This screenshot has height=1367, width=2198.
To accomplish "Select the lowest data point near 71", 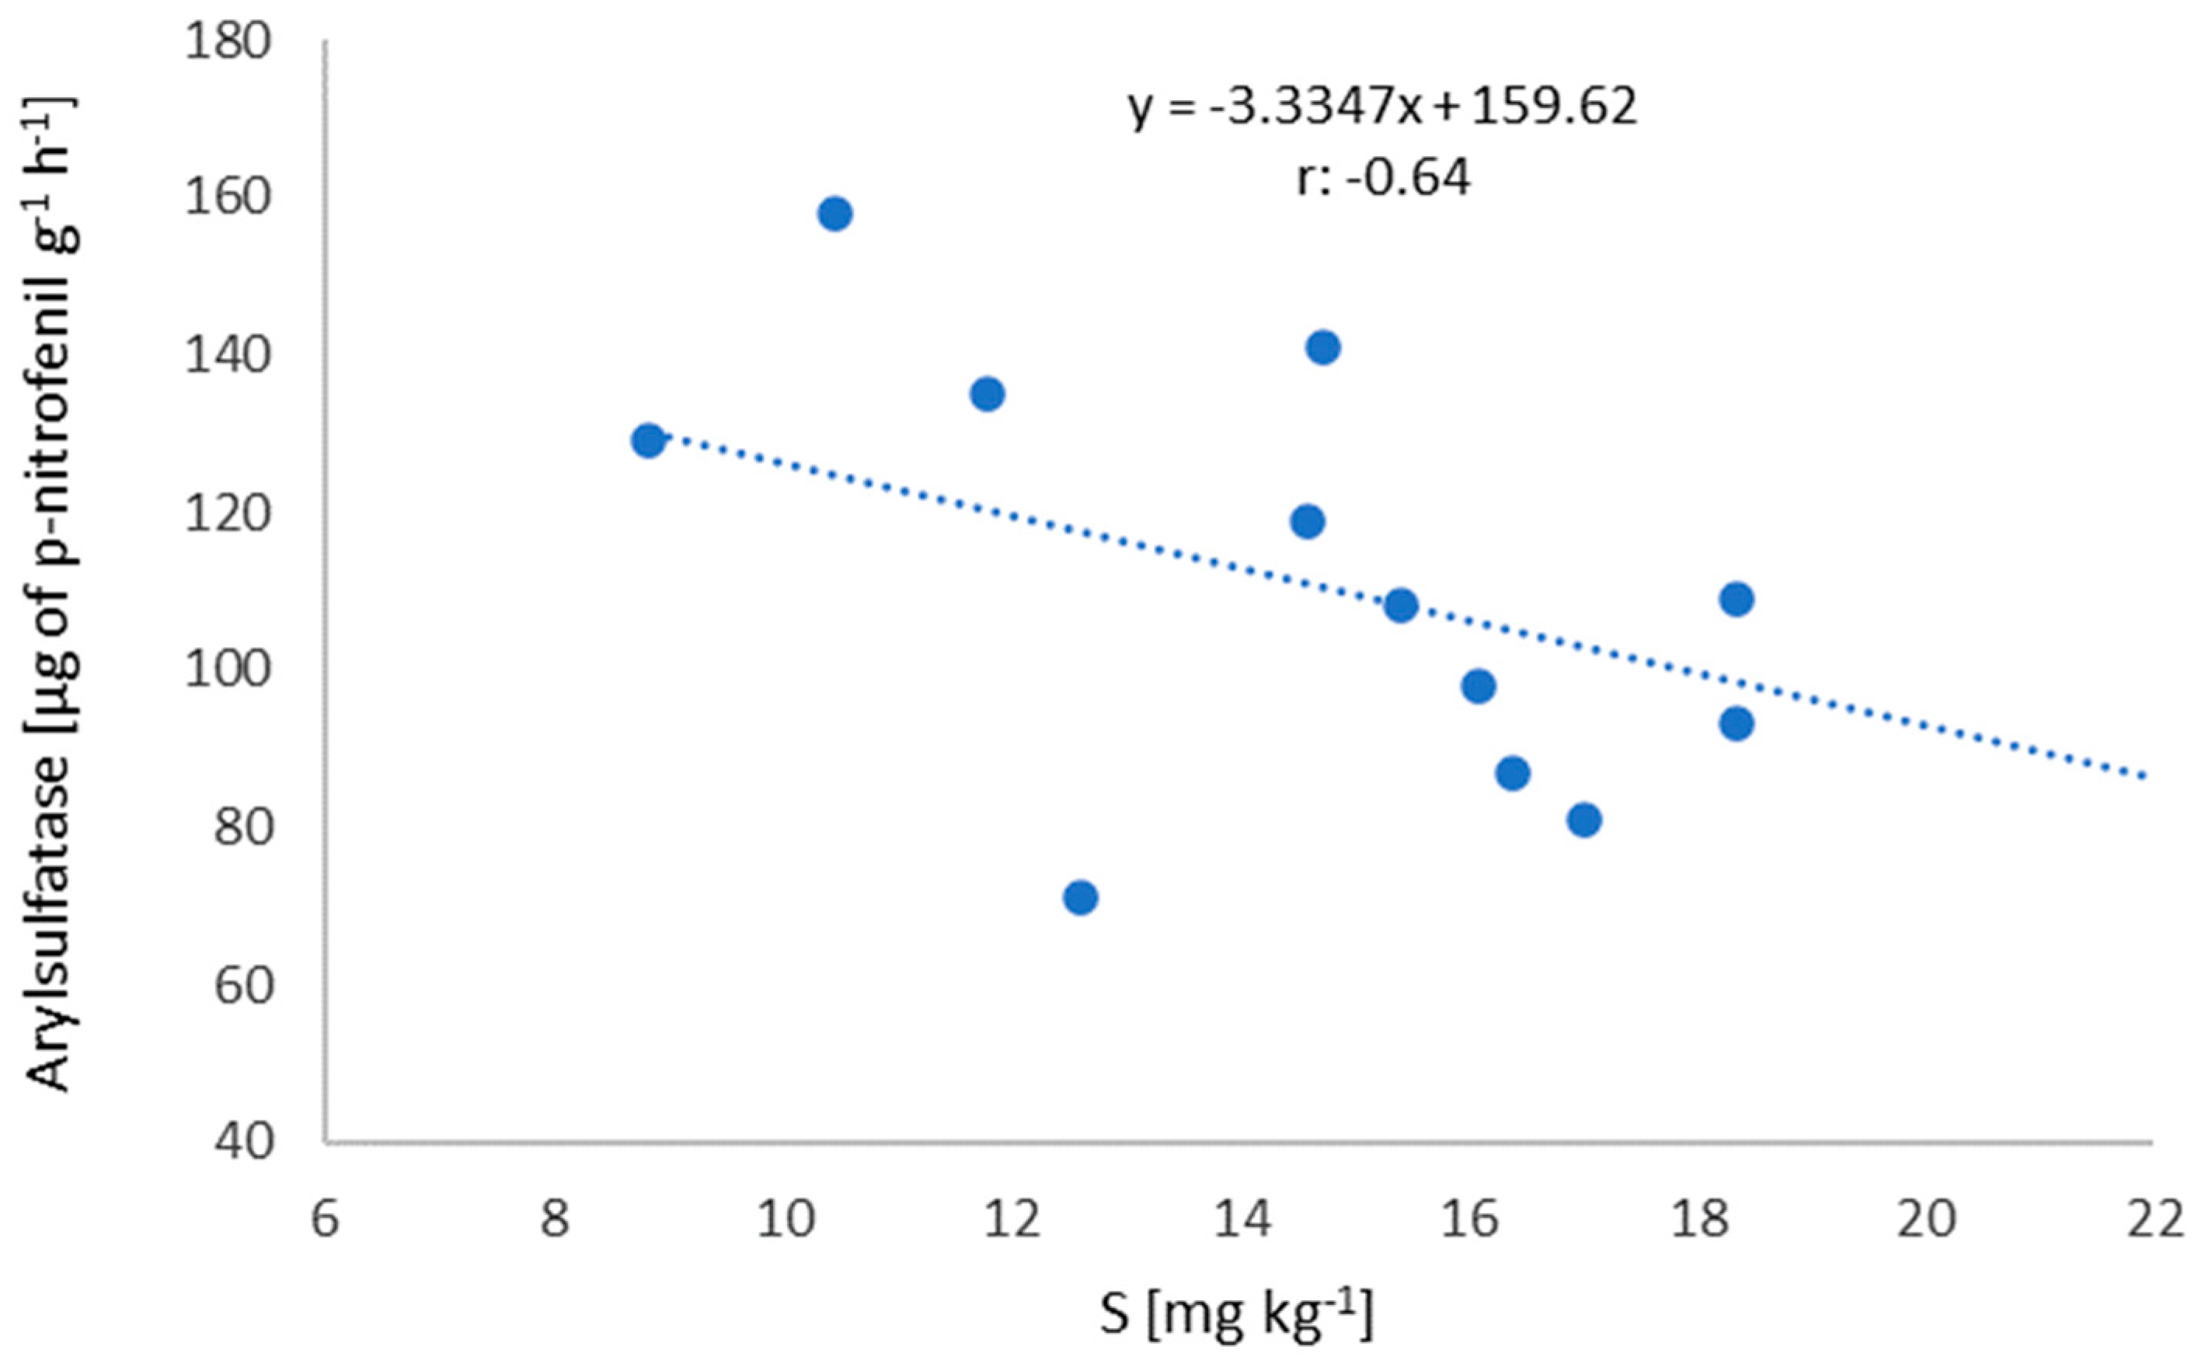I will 1081,898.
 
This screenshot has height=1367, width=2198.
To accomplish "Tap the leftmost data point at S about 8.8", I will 647,441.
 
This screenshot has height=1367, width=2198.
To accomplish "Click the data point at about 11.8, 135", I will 988,395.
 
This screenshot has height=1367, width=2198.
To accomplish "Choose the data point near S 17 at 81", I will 1584,820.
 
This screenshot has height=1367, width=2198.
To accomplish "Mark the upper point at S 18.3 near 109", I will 1736,600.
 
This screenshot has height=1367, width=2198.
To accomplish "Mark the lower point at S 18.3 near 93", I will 1736,724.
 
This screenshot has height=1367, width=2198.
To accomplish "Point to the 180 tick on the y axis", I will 228,43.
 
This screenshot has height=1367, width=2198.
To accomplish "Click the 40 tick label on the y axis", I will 242,1142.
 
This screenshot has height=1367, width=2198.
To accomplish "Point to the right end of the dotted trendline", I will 2147,776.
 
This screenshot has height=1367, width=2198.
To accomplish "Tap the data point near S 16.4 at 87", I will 1513,774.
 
